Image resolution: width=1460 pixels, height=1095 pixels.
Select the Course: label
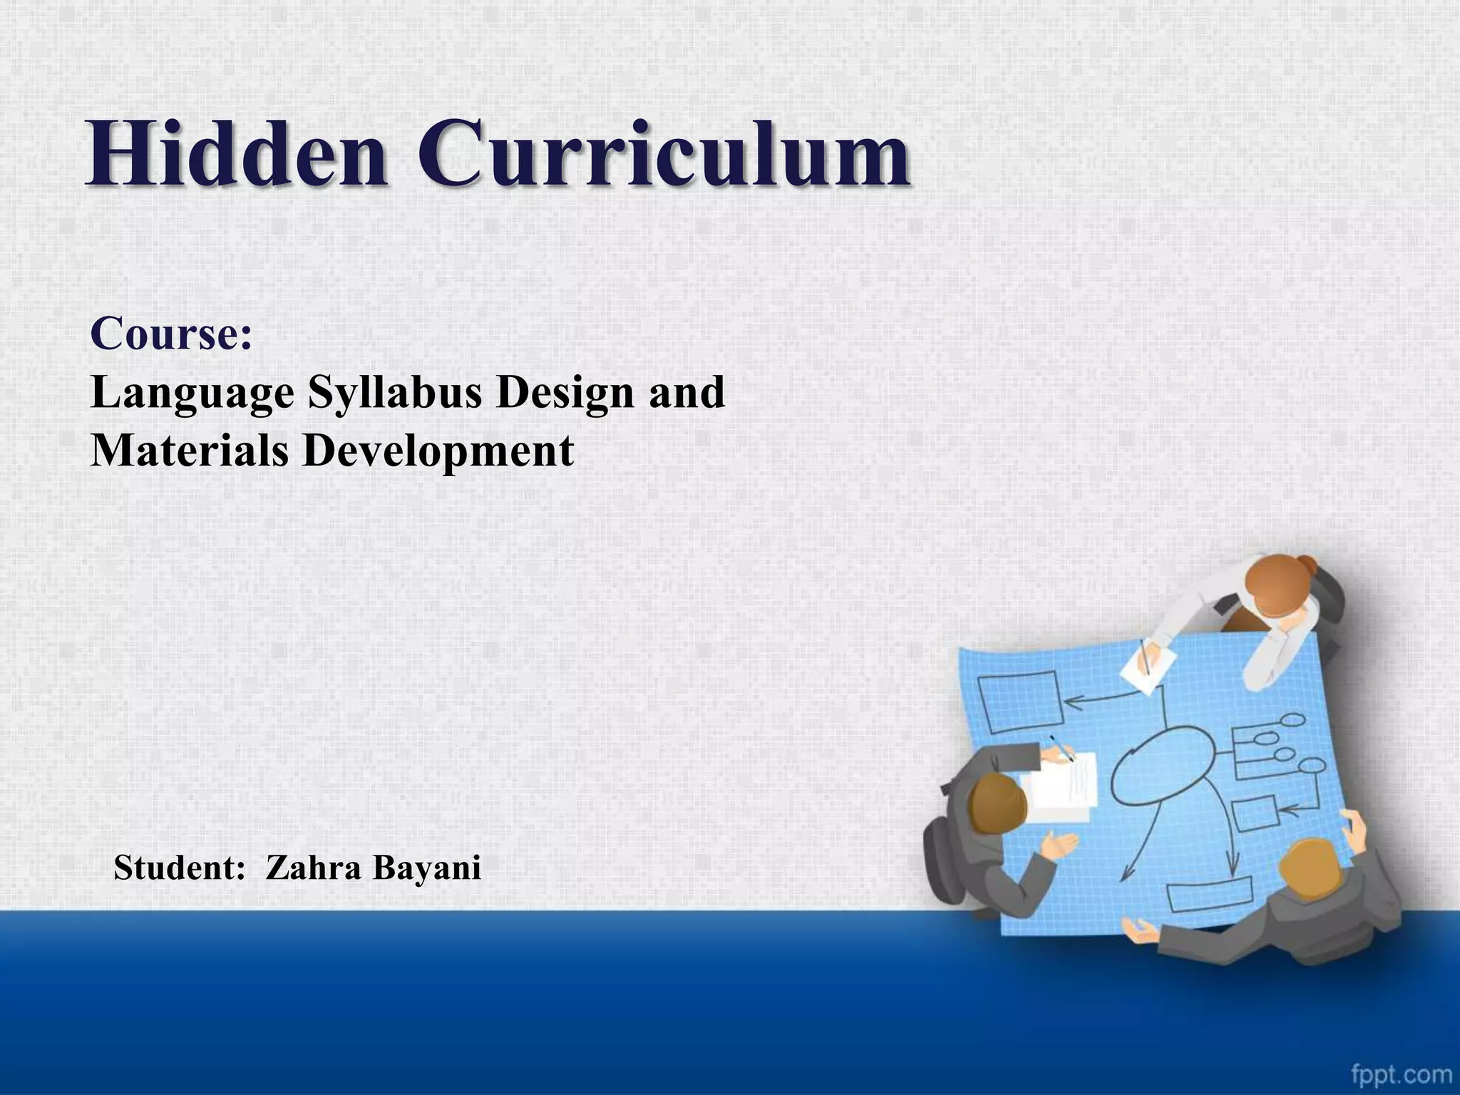[x=171, y=334]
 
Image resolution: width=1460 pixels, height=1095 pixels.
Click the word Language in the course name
[x=192, y=394]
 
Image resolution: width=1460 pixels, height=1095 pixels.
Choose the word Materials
[x=189, y=450]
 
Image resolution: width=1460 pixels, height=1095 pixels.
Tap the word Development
[x=438, y=451]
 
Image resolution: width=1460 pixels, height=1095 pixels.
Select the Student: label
[x=179, y=868]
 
